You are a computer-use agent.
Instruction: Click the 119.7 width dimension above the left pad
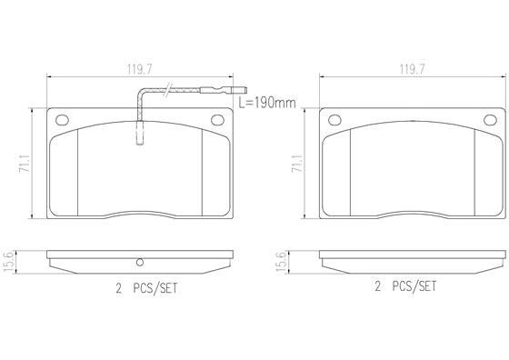[x=140, y=69]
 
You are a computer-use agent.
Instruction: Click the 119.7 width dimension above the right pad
[x=412, y=69]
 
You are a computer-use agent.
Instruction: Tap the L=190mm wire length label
[x=267, y=103]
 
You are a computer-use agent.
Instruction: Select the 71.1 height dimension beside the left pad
[x=25, y=164]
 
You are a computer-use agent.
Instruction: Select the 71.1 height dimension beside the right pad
[x=298, y=164]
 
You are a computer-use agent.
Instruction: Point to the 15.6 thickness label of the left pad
[x=8, y=262]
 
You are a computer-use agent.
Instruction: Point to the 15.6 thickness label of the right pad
[x=281, y=262]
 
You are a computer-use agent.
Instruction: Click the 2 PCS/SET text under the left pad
[x=147, y=288]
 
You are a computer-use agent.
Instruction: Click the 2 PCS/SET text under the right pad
[x=405, y=286]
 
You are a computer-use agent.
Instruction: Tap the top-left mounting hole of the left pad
[x=62, y=120]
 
